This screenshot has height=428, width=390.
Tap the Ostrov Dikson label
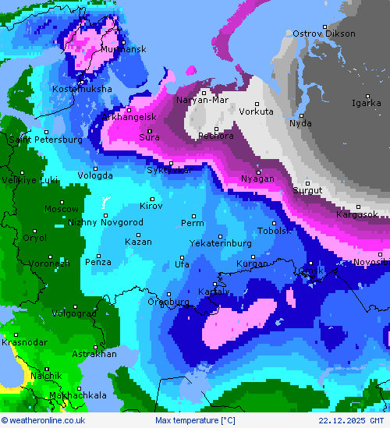tap(324, 34)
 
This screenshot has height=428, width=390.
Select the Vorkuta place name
tap(256, 111)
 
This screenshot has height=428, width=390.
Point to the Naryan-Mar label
tap(202, 100)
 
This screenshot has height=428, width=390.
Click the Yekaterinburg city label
tap(221, 243)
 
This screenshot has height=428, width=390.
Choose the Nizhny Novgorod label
tap(105, 222)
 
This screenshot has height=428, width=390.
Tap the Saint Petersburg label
tap(45, 140)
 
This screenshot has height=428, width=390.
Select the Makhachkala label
tap(77, 395)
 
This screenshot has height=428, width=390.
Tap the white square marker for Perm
tap(194, 216)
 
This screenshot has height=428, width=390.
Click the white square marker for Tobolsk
tap(274, 223)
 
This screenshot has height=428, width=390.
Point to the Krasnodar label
tap(24, 342)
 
